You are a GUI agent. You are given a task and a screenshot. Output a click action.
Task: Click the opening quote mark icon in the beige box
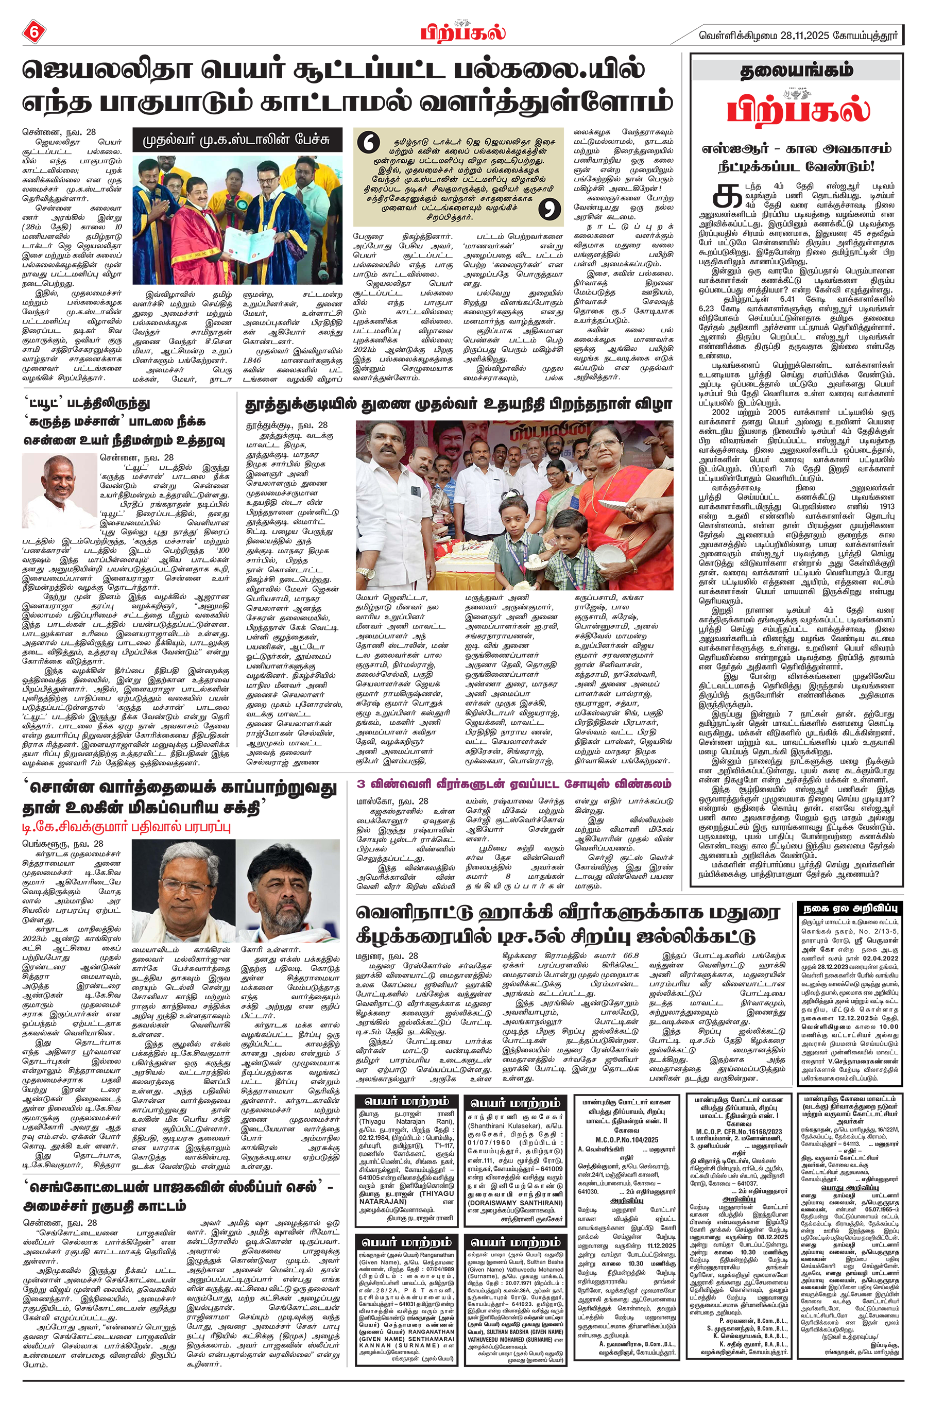point(371,144)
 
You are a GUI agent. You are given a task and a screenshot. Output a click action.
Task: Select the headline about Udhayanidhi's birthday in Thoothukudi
point(458,404)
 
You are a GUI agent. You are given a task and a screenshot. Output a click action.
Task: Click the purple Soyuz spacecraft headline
point(514,783)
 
